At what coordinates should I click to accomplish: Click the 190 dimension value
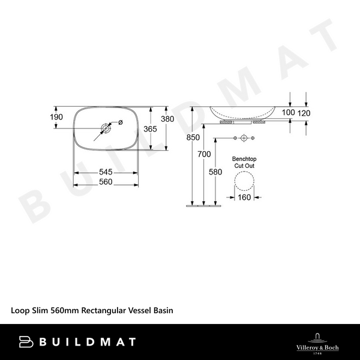(56, 117)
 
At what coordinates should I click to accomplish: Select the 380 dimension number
(167, 119)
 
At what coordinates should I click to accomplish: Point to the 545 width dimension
(106, 172)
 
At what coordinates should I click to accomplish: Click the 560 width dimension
(106, 182)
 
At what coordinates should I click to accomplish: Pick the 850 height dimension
(193, 137)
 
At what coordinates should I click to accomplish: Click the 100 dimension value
(288, 112)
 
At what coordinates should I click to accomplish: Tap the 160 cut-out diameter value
(244, 197)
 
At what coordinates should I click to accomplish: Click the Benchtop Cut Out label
(244, 162)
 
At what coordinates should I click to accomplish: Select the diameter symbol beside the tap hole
(121, 122)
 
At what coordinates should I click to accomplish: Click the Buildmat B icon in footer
(26, 341)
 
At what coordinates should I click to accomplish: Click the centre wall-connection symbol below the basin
(244, 139)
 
